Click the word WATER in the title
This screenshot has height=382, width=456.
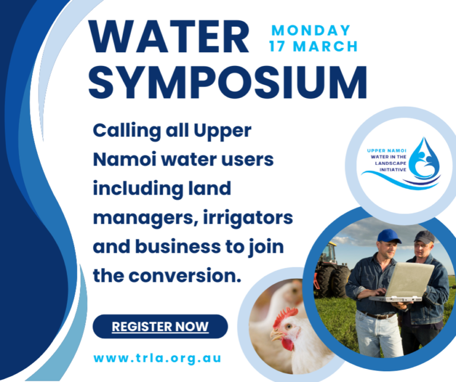click(169, 37)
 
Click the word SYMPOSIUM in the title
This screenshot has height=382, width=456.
click(227, 82)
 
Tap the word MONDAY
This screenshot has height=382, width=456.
click(311, 30)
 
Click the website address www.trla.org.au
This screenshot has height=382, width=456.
click(157, 358)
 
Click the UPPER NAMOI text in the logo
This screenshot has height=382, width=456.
click(387, 151)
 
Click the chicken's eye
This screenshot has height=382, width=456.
click(288, 326)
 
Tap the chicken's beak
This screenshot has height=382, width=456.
click(275, 336)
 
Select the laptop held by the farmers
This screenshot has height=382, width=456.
click(403, 282)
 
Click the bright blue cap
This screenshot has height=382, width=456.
click(389, 236)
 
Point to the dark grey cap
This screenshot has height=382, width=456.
click(425, 237)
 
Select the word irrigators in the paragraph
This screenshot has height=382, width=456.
click(248, 218)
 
